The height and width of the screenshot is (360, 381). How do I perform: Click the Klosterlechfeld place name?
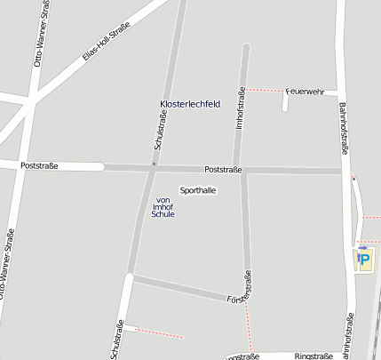pyautogui.click(x=189, y=104)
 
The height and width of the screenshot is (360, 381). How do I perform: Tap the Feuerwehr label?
pyautogui.click(x=307, y=91)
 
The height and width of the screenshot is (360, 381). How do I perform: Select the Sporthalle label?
pyautogui.click(x=197, y=190)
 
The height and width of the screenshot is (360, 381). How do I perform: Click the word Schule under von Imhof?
pyautogui.click(x=163, y=214)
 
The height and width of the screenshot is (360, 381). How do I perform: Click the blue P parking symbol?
pyautogui.click(x=364, y=259)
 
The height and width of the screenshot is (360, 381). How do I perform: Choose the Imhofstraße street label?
pyautogui.click(x=240, y=108)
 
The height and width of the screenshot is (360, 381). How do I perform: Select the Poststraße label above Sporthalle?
pyautogui.click(x=223, y=169)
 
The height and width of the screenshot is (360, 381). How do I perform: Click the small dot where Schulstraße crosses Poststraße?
pyautogui.click(x=154, y=165)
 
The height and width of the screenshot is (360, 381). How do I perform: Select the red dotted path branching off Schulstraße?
pyautogui.click(x=158, y=332)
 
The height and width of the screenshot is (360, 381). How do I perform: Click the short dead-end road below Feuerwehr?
pyautogui.click(x=285, y=102)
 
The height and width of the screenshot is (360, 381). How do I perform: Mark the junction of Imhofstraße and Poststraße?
pyautogui.click(x=244, y=170)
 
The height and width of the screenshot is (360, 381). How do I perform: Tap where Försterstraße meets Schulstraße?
pyautogui.click(x=131, y=279)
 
